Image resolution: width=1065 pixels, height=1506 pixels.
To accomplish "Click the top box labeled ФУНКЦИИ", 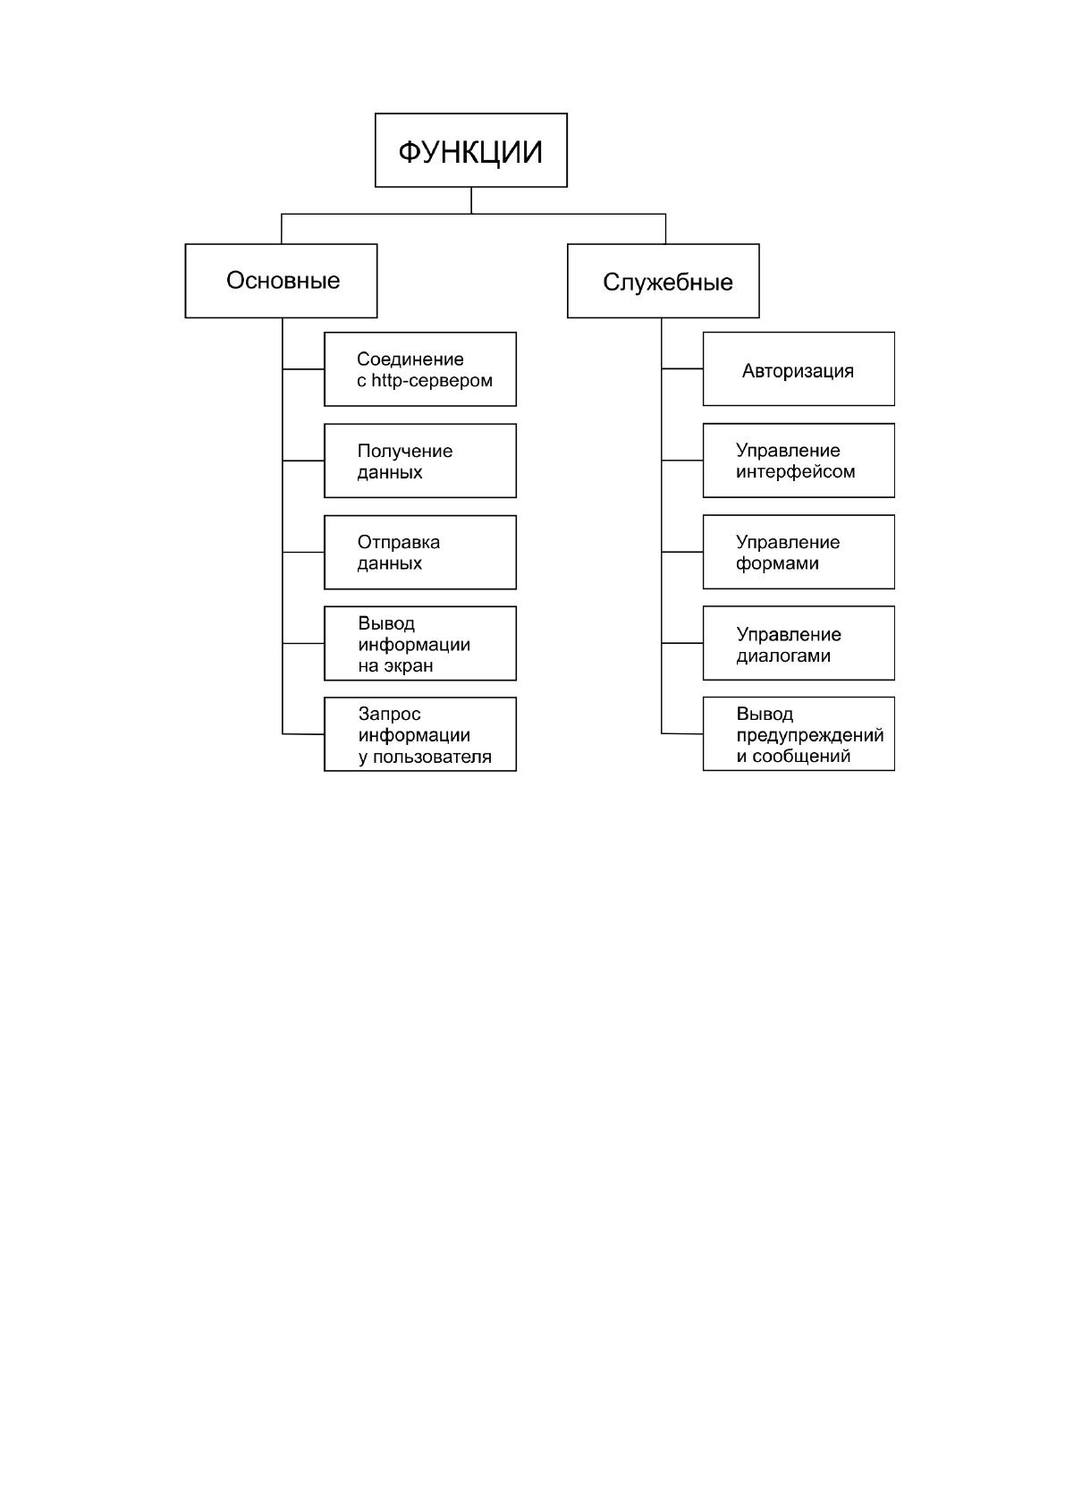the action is click(x=470, y=150).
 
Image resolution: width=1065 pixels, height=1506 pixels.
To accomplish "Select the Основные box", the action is click(x=281, y=280).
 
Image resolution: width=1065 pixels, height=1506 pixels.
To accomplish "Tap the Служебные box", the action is click(x=663, y=280).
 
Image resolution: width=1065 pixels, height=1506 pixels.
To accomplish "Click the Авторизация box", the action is click(x=799, y=368).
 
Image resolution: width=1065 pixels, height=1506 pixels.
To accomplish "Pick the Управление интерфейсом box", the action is click(x=799, y=461).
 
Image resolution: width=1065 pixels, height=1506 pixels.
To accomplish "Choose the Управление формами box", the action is click(x=799, y=552).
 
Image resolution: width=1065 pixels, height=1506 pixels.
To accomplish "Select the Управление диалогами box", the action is click(x=799, y=643).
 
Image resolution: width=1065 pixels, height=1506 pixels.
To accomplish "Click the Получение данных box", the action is click(x=420, y=461).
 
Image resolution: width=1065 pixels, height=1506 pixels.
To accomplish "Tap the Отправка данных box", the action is click(x=420, y=552).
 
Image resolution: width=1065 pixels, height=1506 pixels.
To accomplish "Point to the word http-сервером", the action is click(x=432, y=381).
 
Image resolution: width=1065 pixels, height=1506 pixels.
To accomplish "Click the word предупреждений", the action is click(x=809, y=735).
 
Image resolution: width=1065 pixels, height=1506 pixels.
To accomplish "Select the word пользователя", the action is click(x=432, y=757).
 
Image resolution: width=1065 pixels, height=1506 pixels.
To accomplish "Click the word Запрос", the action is click(x=389, y=714).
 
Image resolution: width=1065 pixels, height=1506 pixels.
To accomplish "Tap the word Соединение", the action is click(x=410, y=359).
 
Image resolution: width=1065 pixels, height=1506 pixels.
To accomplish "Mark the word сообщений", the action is click(x=801, y=757).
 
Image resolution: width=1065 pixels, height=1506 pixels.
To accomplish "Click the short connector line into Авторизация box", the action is click(x=681, y=368).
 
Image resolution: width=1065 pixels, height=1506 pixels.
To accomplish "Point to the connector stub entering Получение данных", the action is click(x=303, y=461).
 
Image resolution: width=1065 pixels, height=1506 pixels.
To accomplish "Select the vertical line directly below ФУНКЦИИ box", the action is click(x=471, y=200).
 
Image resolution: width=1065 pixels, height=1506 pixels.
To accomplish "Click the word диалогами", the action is click(x=783, y=656).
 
